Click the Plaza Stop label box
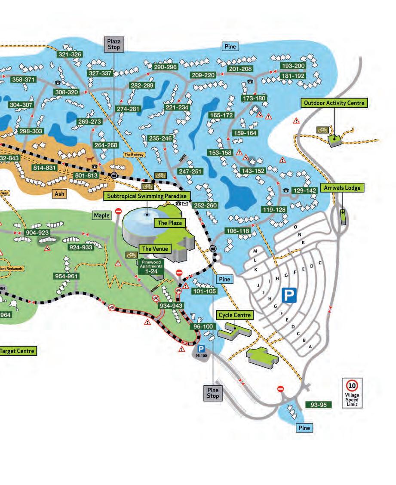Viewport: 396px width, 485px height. (x=114, y=44)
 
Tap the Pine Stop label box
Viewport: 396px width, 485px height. (x=213, y=393)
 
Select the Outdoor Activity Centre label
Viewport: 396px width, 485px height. (x=335, y=103)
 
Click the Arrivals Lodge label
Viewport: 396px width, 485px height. (x=343, y=188)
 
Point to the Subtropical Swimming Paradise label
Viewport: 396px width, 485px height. (x=146, y=196)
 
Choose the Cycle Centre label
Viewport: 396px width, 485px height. (x=234, y=315)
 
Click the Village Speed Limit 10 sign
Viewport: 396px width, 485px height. (x=352, y=393)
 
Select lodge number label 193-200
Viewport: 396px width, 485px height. (x=293, y=66)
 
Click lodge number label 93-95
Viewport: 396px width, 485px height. (x=319, y=405)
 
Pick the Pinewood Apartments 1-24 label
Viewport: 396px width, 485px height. (x=150, y=267)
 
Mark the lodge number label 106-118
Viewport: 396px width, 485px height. (x=237, y=231)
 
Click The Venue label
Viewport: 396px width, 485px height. (x=153, y=249)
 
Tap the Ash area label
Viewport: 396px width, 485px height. (x=59, y=194)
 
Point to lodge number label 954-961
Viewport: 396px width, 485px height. (x=67, y=276)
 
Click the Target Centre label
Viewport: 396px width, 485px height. (x=17, y=351)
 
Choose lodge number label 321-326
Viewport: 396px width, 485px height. (x=70, y=55)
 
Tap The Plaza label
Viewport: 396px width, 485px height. (x=168, y=223)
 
